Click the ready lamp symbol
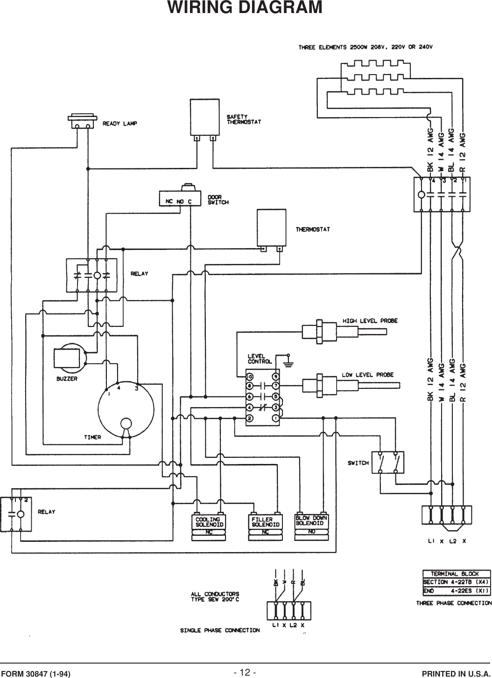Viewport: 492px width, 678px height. (82, 122)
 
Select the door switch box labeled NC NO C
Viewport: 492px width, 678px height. (180, 199)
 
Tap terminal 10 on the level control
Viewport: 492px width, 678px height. (250, 376)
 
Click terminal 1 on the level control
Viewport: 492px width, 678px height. (276, 419)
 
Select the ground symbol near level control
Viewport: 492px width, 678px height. (288, 359)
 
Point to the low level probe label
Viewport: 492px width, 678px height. (367, 374)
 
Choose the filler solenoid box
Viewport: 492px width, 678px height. (265, 522)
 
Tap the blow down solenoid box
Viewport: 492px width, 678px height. (311, 521)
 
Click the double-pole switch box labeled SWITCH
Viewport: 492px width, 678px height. (388, 462)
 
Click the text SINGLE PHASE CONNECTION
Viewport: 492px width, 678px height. (220, 630)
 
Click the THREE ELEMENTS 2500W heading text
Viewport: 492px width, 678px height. (366, 47)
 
